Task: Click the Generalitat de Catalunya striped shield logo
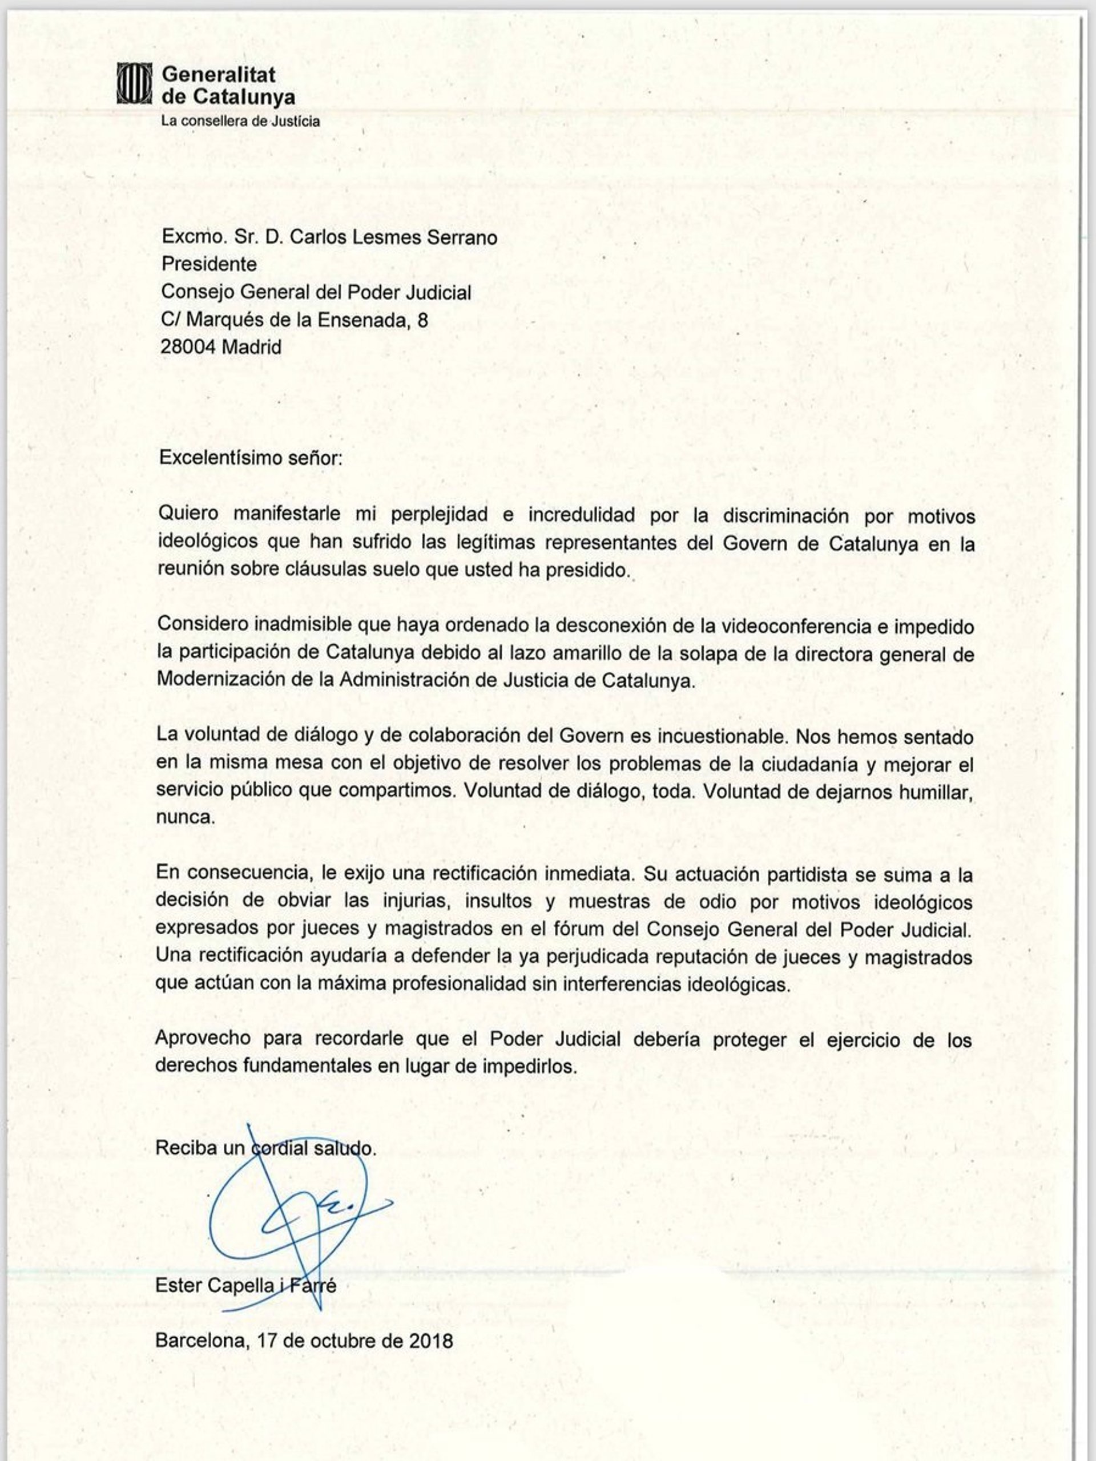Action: point(134,84)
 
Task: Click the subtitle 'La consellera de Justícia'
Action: point(240,122)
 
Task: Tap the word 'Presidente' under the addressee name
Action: point(209,264)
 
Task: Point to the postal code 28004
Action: point(188,347)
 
